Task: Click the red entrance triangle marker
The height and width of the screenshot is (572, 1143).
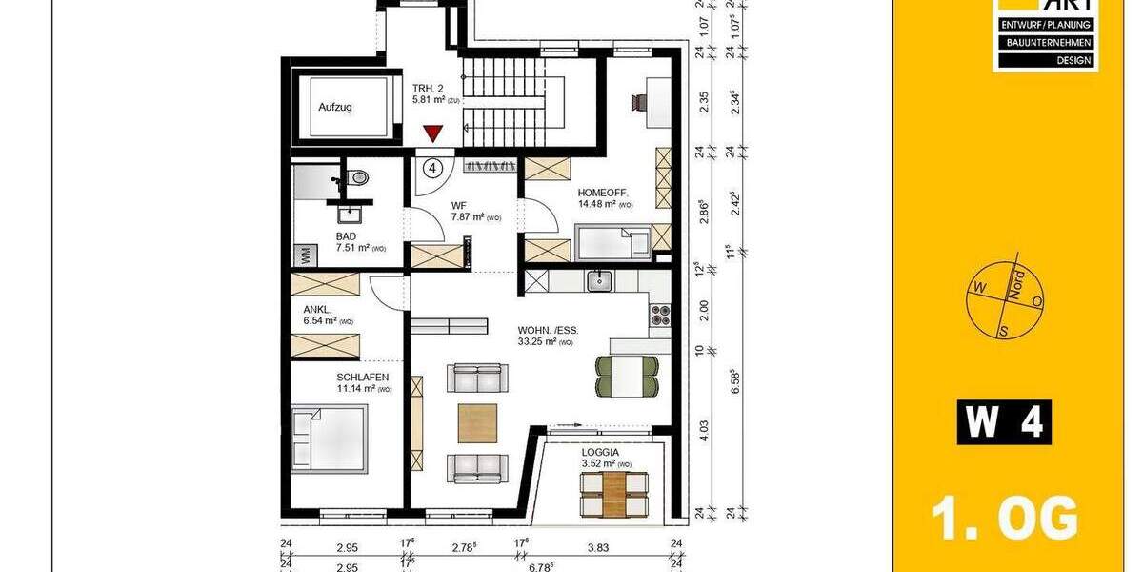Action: point(434,134)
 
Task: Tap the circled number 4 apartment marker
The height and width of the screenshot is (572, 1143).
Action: point(433,169)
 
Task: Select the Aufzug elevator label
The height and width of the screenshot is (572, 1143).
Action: point(335,108)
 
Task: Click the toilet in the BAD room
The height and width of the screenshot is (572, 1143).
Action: point(358,177)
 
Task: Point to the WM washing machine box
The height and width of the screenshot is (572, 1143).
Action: point(306,255)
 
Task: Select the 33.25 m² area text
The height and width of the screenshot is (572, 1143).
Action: point(545,342)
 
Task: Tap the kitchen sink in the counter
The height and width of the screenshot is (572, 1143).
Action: point(599,280)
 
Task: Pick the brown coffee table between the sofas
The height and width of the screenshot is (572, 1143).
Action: point(478,423)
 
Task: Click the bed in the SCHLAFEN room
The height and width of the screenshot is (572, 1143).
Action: point(329,439)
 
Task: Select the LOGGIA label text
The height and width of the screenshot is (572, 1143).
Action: point(601,453)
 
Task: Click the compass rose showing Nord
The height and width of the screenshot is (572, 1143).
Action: point(1006,298)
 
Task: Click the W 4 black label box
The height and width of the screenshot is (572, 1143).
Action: point(1004,422)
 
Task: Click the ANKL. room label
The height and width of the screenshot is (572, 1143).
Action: point(317,308)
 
